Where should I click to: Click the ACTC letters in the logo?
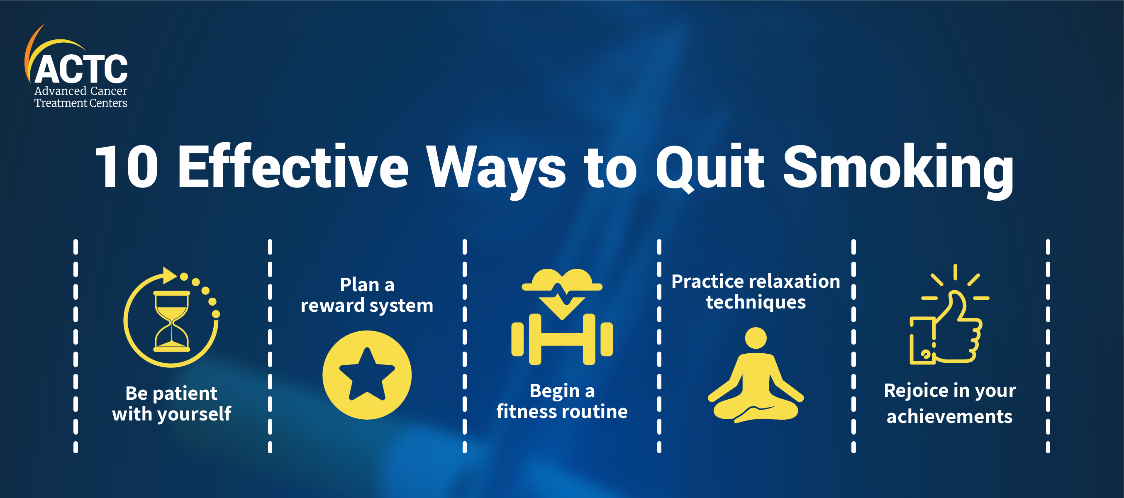tap(81, 68)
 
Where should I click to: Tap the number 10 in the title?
tap(127, 167)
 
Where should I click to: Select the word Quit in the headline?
tap(710, 168)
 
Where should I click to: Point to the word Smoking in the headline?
tap(898, 170)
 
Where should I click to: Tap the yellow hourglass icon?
tap(171, 321)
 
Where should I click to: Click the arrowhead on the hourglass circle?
tap(169, 276)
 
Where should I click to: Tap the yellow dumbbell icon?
tap(562, 339)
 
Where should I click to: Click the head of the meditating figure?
tap(756, 338)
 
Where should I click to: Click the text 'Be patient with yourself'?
tap(171, 404)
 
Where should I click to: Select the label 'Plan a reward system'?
tap(367, 295)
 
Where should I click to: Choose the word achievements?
tap(949, 416)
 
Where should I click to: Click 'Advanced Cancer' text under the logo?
tap(81, 91)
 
